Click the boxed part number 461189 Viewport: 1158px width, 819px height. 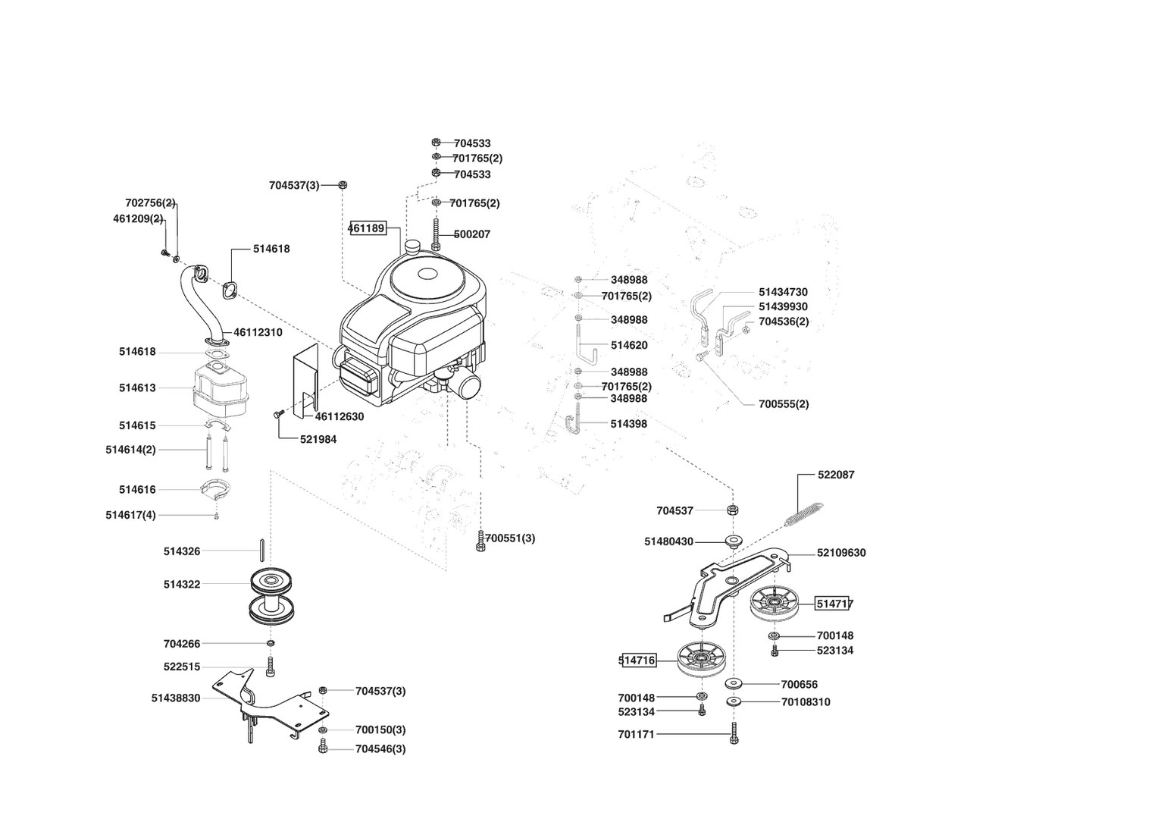(367, 227)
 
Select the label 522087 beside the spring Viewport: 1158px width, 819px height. (836, 475)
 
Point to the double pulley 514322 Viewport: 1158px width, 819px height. (272, 596)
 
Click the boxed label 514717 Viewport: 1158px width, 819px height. (834, 604)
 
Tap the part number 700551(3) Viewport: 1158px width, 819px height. (510, 538)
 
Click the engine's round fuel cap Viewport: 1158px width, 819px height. (413, 246)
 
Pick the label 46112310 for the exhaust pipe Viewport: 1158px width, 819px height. (258, 332)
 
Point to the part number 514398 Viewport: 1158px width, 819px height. (629, 424)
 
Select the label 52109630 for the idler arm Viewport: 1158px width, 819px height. (841, 553)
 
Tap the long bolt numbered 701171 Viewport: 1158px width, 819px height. (734, 733)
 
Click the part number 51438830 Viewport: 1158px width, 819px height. (176, 698)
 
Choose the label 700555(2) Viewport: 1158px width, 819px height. (784, 404)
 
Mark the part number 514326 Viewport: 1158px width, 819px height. (182, 551)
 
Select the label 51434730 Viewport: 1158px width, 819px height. (783, 292)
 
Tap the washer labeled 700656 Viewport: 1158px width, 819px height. (734, 683)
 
